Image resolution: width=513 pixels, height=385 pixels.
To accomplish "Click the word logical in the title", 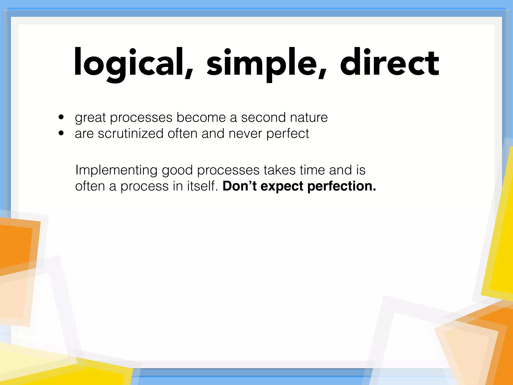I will pyautogui.click(x=130, y=63).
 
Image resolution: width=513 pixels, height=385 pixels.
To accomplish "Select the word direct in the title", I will pyautogui.click(x=390, y=63).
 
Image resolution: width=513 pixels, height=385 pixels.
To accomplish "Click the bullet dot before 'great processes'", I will pyautogui.click(x=61, y=117).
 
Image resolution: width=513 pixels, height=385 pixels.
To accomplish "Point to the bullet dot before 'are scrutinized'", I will pyautogui.click(x=61, y=133).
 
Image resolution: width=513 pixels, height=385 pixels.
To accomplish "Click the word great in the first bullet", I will pyautogui.click(x=90, y=118).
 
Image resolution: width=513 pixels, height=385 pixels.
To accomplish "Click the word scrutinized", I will pyautogui.click(x=130, y=133).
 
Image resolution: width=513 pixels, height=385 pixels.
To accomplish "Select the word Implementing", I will pyautogui.click(x=116, y=170).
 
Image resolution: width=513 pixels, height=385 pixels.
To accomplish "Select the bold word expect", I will pyautogui.click(x=282, y=187).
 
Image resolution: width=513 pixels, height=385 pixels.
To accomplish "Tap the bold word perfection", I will pyautogui.click(x=341, y=186).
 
